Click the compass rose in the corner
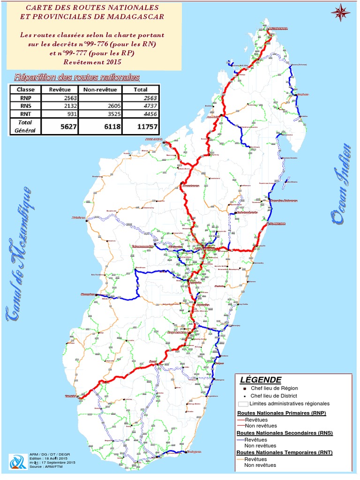pos(341,12)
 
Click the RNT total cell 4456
pos(141,114)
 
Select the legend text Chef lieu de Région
pos(274,388)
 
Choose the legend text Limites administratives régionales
pos(289,404)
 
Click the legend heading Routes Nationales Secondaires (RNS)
pos(285,433)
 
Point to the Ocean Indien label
pos(341,183)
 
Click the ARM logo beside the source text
pos(18,462)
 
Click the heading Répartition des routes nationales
pos(77,77)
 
